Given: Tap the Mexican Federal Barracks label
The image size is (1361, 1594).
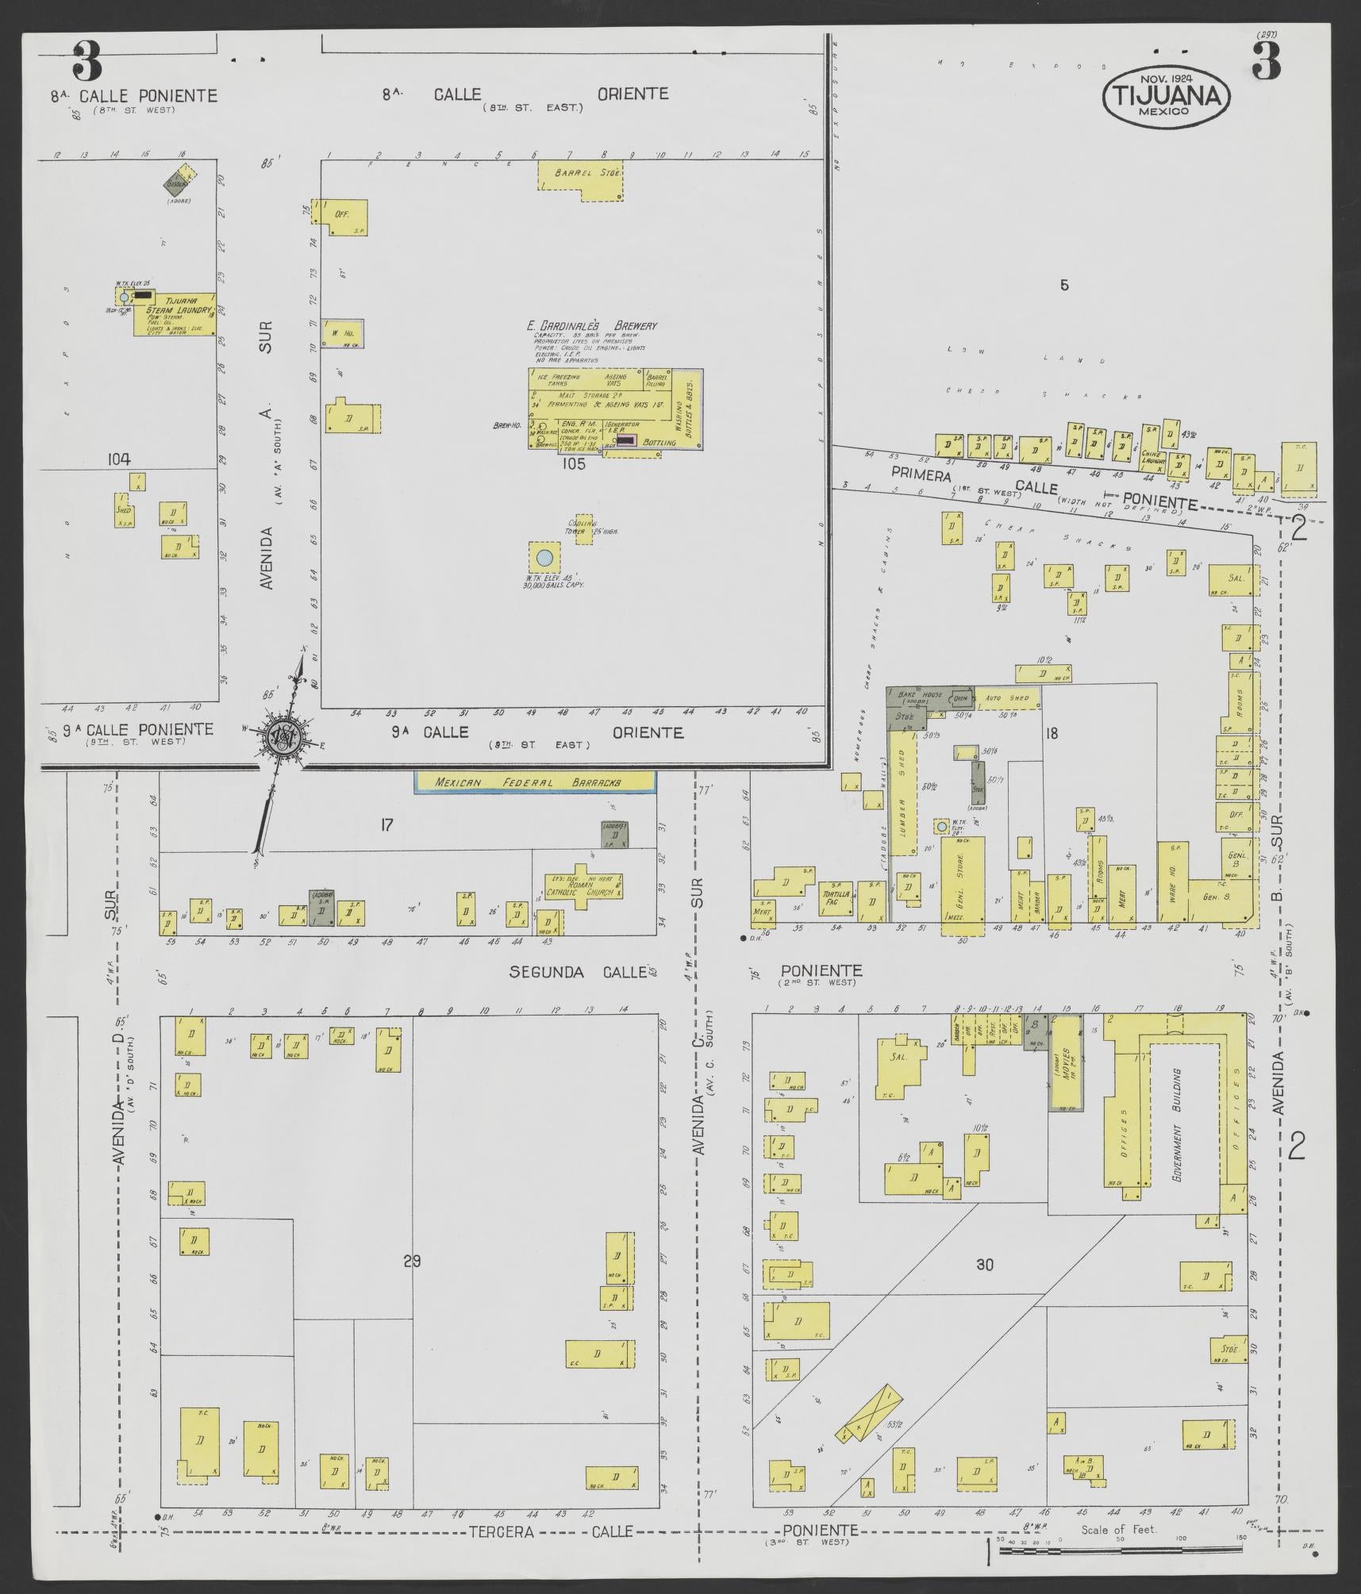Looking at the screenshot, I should point(535,782).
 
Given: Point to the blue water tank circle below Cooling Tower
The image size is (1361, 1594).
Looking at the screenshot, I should point(544,557).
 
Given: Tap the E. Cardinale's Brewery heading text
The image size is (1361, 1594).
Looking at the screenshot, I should point(592,325).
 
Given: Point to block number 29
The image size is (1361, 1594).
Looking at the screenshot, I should point(411,1262).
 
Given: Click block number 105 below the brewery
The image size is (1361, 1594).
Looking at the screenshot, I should point(572,464).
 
